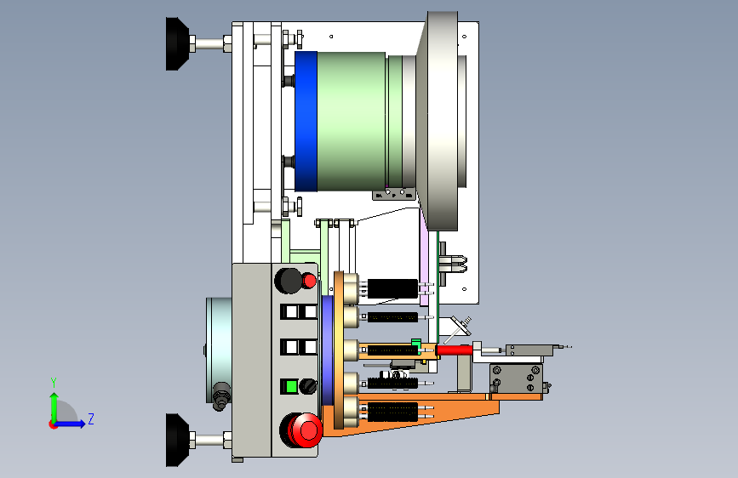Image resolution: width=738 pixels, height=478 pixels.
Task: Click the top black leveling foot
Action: [x=177, y=43]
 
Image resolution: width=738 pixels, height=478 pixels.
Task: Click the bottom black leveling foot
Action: [x=177, y=440]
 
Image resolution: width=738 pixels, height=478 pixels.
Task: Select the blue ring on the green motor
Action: [x=306, y=121]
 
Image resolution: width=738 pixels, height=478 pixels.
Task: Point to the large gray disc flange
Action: [x=438, y=121]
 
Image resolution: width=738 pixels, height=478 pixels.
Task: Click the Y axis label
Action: [x=54, y=382]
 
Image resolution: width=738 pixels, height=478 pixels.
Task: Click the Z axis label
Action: [x=91, y=418]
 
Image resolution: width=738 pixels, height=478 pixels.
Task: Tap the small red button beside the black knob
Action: [x=309, y=281]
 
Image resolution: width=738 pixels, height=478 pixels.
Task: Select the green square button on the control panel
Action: [x=291, y=387]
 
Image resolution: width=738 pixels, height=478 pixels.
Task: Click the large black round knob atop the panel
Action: [x=289, y=281]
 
